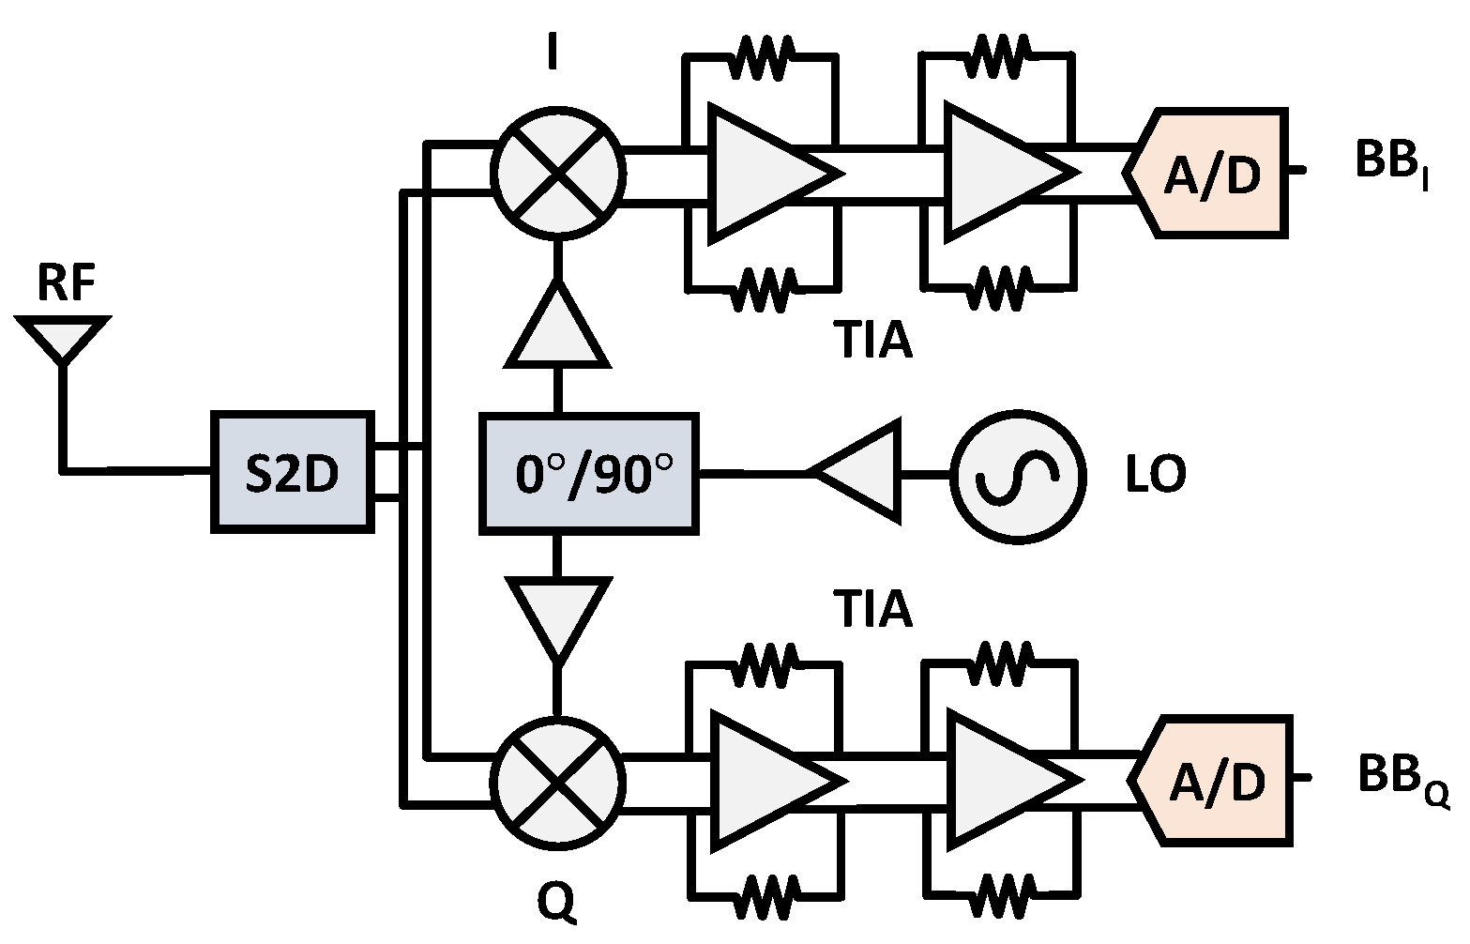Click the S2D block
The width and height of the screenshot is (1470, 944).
click(x=292, y=473)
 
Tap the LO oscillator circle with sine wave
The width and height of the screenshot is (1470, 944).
click(x=1018, y=475)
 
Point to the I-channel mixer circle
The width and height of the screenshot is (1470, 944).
click(x=558, y=172)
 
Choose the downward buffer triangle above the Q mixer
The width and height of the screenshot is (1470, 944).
click(x=558, y=615)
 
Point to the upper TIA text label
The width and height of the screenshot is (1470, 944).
click(x=872, y=341)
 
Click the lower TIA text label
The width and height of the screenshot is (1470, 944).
click(x=872, y=610)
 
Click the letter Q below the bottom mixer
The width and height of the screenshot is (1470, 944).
click(x=557, y=903)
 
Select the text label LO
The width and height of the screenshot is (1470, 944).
click(x=1156, y=475)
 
